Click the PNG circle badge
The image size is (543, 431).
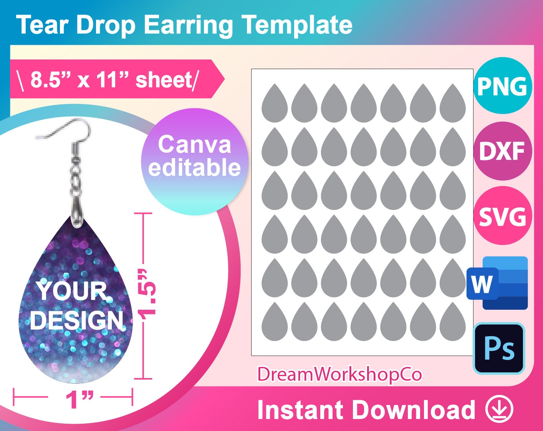[x=502, y=86]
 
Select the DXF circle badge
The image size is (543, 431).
[x=502, y=151]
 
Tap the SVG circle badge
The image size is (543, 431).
[x=502, y=216]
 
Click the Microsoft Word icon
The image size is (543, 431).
[x=498, y=283]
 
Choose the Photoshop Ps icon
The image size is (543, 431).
[x=499, y=348]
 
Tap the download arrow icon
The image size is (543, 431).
[x=499, y=409]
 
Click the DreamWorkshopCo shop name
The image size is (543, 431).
[x=339, y=374]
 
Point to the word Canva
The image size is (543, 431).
[x=195, y=145]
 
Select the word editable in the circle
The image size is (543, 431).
[x=195, y=168]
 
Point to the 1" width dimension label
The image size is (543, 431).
[x=79, y=400]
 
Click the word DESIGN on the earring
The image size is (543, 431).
[x=77, y=320]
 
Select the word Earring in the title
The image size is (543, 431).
[x=188, y=25]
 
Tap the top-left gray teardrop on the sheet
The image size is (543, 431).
[x=275, y=103]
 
